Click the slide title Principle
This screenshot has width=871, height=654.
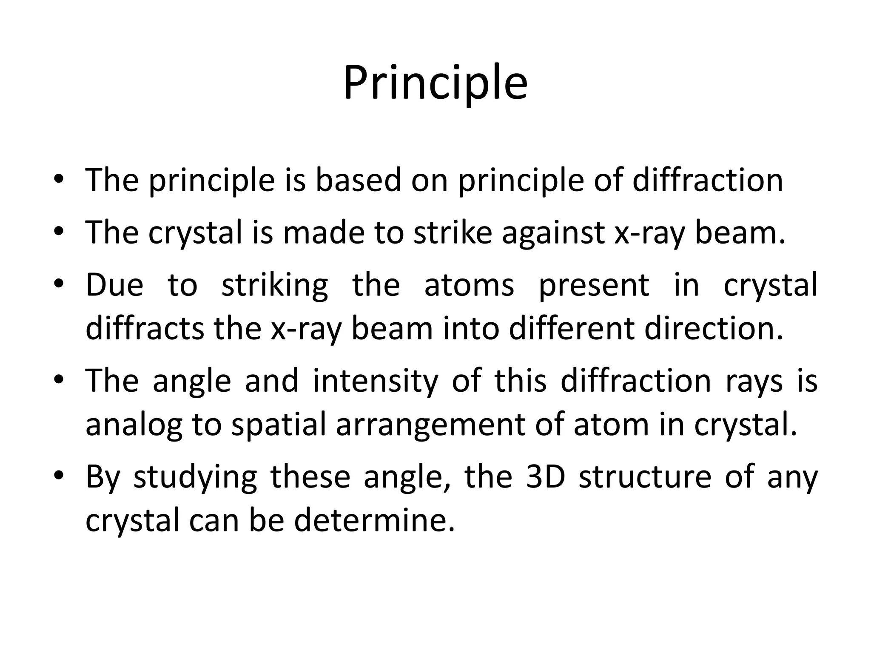435,83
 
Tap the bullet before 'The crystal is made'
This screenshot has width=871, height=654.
59,232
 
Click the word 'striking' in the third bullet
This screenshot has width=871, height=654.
275,286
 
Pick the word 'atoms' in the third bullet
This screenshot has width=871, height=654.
469,285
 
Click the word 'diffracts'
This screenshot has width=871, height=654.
145,328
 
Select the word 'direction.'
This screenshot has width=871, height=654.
714,328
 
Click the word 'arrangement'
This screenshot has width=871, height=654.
430,425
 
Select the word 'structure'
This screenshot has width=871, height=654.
645,477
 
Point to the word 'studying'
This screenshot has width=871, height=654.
195,478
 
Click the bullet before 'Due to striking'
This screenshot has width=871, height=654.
59,284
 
